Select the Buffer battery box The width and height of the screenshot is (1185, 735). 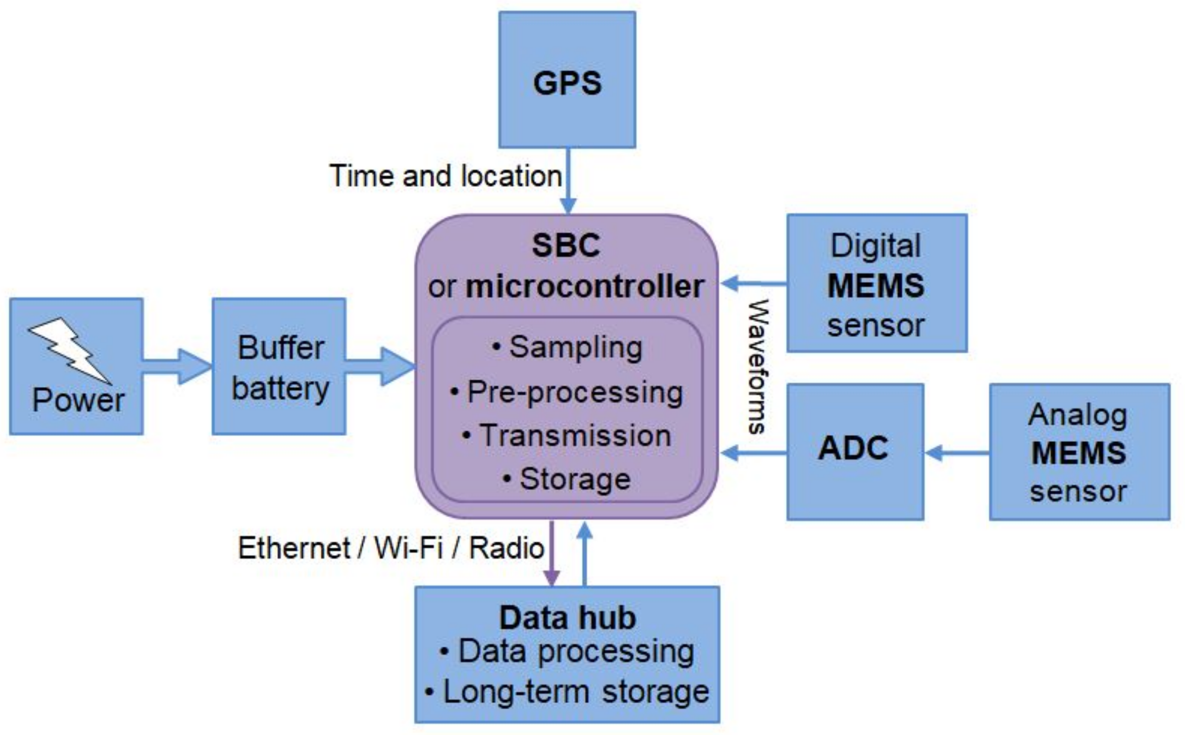click(279, 366)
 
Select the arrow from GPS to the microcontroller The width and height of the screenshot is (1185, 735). click(568, 182)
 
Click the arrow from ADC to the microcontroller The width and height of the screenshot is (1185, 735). click(753, 452)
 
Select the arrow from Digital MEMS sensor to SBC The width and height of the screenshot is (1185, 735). click(753, 283)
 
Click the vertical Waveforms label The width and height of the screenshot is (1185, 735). click(758, 366)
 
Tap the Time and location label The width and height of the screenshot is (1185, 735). click(446, 176)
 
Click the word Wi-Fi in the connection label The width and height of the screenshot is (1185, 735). click(408, 548)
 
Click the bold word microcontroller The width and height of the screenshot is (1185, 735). click(584, 286)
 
